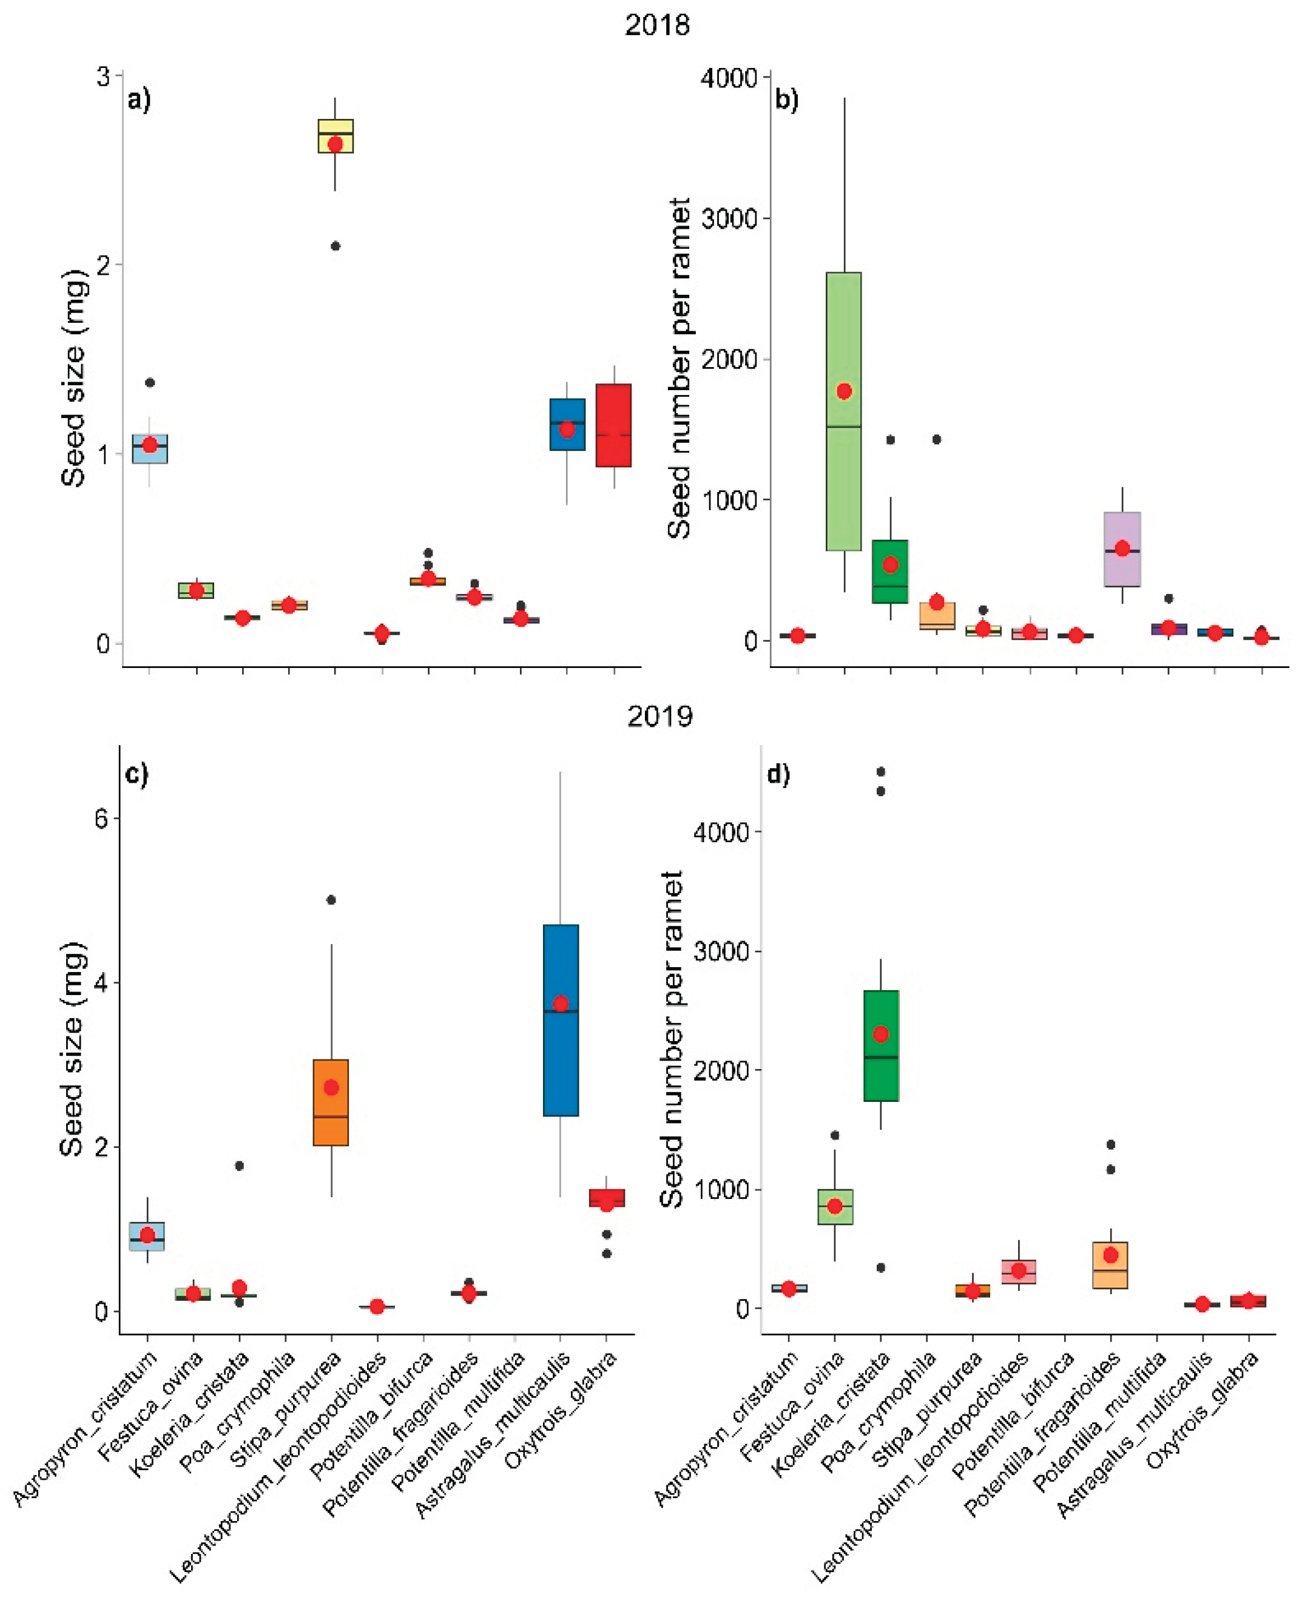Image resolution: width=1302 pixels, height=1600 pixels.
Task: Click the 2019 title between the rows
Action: (659, 717)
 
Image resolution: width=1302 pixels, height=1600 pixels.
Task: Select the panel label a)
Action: (140, 99)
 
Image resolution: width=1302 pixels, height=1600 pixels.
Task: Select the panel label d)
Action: (778, 774)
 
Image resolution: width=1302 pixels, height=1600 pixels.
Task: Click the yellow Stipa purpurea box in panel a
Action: (336, 136)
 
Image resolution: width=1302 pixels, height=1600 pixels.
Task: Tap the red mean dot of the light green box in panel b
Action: (844, 391)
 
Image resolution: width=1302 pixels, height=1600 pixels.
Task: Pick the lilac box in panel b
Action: (1122, 549)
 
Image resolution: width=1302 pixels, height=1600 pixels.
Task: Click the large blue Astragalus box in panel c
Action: (560, 1020)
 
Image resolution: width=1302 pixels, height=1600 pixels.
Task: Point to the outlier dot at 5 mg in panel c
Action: (331, 899)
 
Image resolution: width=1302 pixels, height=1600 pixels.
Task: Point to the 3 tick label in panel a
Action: (103, 76)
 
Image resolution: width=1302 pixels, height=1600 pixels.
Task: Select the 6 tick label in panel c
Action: (101, 818)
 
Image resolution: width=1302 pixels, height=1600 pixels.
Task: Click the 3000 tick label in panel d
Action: (721, 952)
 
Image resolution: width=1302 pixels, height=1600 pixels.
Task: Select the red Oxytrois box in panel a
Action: (613, 425)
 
